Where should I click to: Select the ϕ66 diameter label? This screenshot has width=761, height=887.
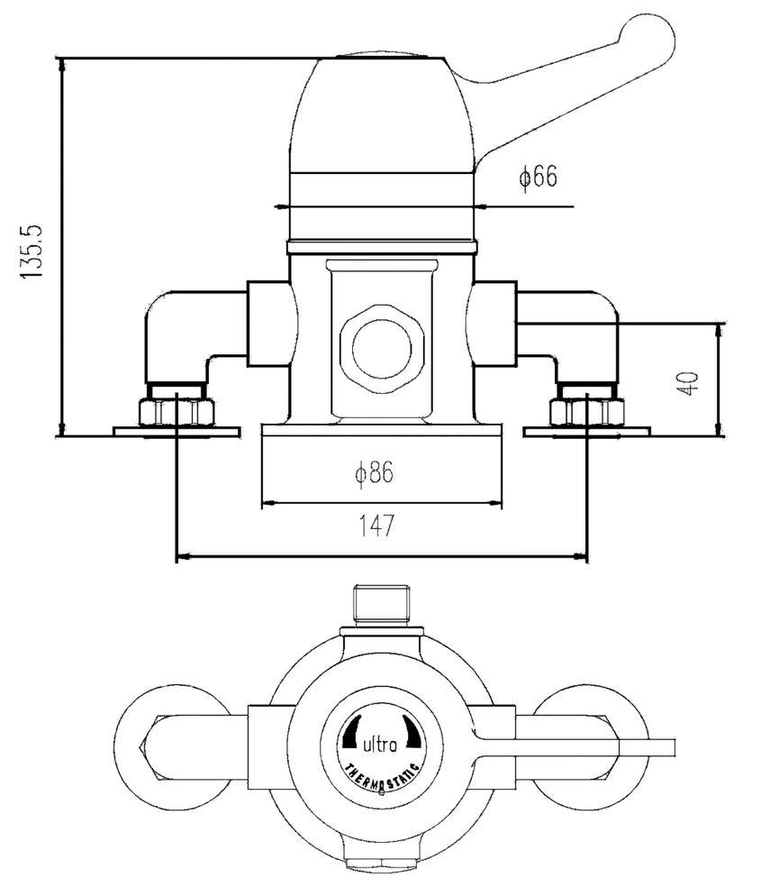click(538, 177)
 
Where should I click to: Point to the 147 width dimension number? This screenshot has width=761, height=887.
click(378, 526)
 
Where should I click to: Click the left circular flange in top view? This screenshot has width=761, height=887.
click(171, 739)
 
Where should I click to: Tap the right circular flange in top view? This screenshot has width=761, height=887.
click(599, 739)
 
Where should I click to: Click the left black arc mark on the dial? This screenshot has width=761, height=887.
click(351, 732)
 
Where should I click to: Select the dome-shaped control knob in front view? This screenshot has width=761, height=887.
click(383, 117)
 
